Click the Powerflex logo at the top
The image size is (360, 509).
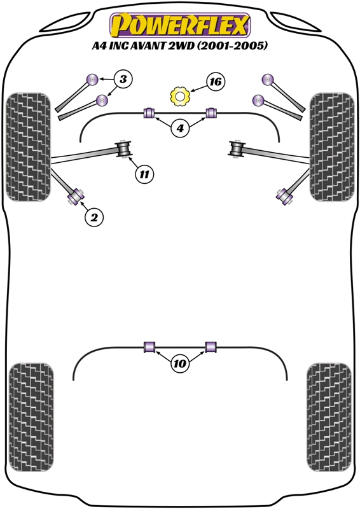click(180, 25)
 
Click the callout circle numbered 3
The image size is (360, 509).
click(123, 79)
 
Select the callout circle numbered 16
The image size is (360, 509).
click(215, 81)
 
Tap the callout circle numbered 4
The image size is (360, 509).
click(180, 129)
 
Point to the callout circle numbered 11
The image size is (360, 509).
click(144, 174)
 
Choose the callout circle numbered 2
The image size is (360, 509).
click(94, 217)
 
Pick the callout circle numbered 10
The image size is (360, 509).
click(180, 363)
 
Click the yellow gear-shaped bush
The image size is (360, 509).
click(180, 96)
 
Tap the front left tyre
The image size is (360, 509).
click(29, 147)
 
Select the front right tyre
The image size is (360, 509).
click(332, 147)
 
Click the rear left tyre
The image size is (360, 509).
click(31, 417)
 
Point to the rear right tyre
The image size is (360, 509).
click(329, 417)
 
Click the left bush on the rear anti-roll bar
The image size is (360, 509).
click(149, 346)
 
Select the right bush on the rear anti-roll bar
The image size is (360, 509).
click(211, 346)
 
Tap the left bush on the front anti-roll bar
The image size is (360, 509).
click(149, 113)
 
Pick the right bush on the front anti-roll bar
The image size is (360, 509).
click(211, 113)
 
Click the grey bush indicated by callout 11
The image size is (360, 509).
click(123, 149)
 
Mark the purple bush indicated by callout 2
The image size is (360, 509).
click(76, 197)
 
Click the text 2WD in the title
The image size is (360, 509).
click(181, 45)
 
